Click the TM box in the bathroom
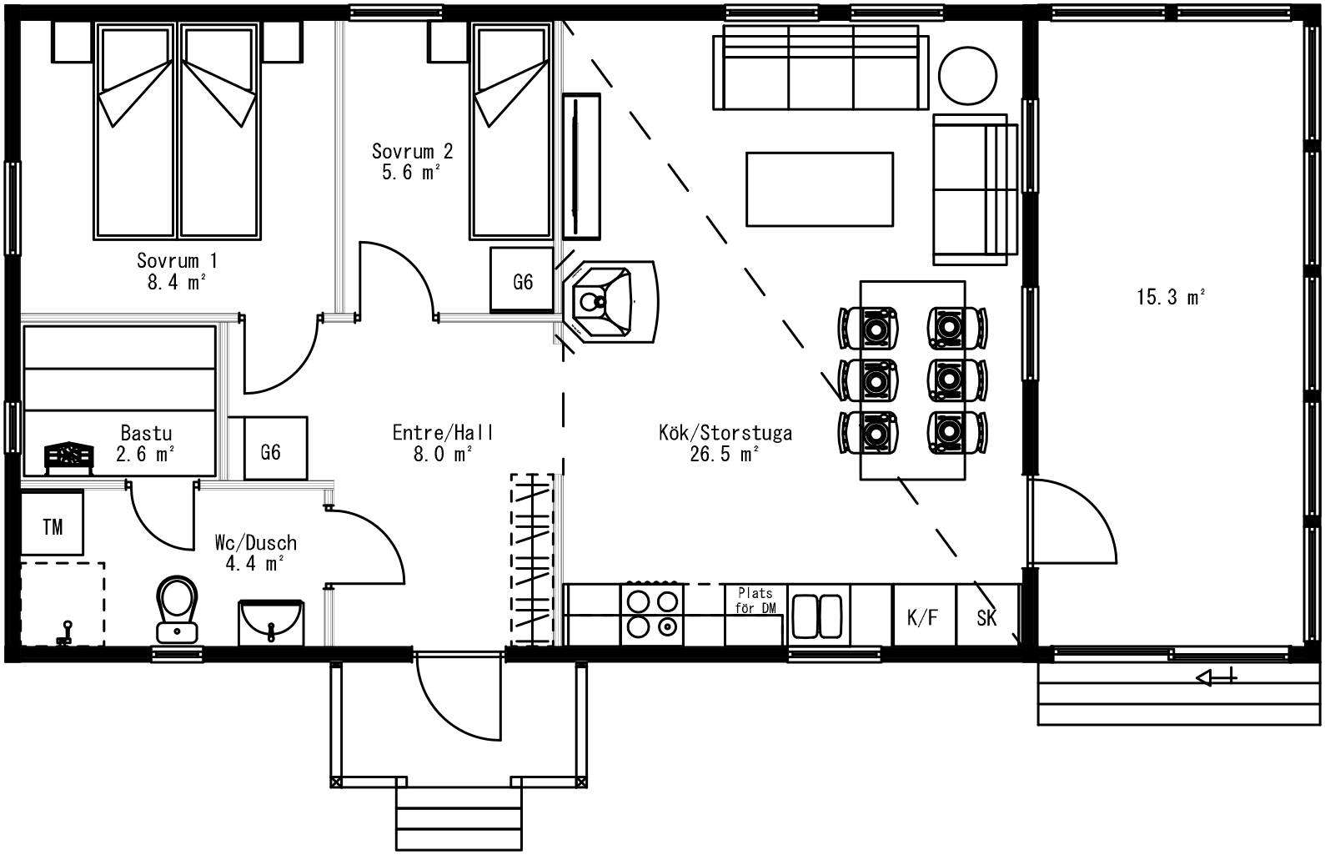pos(52,522)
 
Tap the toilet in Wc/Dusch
pos(177,610)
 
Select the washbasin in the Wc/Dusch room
pos(271,622)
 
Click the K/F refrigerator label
pos(922,618)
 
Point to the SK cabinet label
pos(986,618)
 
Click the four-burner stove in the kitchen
pos(652,614)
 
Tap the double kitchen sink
pos(817,616)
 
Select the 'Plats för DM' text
pos(755,600)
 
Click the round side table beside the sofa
pos(968,76)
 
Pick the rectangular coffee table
pos(819,189)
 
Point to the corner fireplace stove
pos(610,302)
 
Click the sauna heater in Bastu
pos(69,457)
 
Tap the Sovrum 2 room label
pos(412,161)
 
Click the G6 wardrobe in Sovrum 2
pos(522,279)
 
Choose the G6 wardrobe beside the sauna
pos(276,448)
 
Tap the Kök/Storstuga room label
pos(725,443)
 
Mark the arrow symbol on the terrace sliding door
pos(1216,677)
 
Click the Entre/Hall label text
pos(443,433)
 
